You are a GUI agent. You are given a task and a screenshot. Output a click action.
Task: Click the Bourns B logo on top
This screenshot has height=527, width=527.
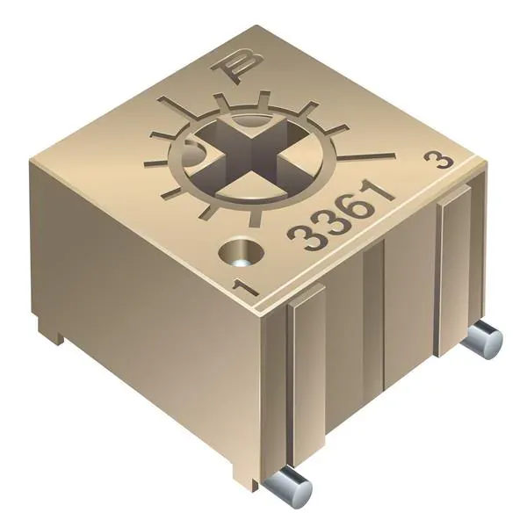click(238, 67)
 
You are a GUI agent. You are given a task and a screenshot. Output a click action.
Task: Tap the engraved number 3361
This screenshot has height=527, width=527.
click(340, 215)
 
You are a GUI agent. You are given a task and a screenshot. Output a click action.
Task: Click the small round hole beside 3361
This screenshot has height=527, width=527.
click(241, 253)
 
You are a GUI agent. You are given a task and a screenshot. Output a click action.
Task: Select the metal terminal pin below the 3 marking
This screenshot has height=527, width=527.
click(482, 339)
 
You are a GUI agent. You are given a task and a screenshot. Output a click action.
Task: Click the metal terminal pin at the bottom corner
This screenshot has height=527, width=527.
click(286, 487)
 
